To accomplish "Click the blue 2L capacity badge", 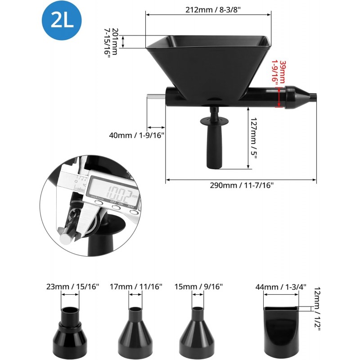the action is pyautogui.click(x=62, y=20).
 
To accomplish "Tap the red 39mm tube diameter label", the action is pyautogui.click(x=279, y=72).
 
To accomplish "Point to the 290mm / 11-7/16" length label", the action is pyautogui.click(x=242, y=185).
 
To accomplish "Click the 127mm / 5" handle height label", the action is pyautogui.click(x=254, y=138).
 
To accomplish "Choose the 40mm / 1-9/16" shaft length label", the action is pyautogui.click(x=137, y=135).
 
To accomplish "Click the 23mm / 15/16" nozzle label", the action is pyautogui.click(x=72, y=287).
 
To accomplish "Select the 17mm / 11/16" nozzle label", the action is pyautogui.click(x=136, y=287).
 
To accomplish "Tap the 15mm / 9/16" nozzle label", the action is pyautogui.click(x=198, y=287).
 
